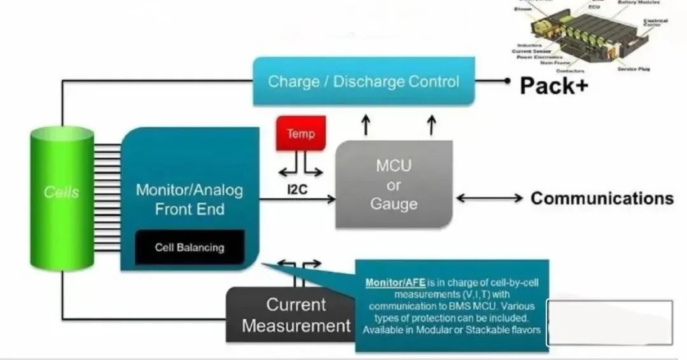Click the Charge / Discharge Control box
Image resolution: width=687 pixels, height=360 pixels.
coord(363,81)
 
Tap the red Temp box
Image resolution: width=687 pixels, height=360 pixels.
coord(300,134)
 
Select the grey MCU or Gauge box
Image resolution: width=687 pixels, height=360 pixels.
coord(394,184)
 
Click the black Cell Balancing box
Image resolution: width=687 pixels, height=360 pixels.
coord(190,247)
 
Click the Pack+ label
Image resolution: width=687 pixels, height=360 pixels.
coord(553,85)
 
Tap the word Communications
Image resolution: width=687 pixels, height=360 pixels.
coord(602,198)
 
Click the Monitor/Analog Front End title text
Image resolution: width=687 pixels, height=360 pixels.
coord(189,199)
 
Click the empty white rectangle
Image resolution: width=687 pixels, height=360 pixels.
coord(609,323)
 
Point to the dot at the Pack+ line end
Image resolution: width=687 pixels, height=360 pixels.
coord(507,81)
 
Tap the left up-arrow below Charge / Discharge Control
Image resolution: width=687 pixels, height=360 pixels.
coord(366,125)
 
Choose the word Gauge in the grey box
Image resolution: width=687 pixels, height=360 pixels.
coord(394,204)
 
